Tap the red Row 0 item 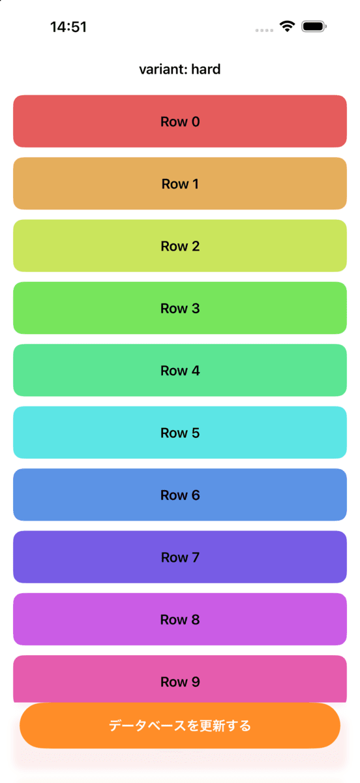(180, 121)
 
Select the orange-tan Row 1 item (180, 183)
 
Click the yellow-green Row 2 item (180, 246)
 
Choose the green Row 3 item (180, 308)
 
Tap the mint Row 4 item (180, 370)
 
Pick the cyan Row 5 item (180, 433)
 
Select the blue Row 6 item (180, 495)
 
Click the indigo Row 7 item (180, 557)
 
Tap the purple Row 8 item (180, 619)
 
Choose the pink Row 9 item (180, 679)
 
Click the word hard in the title (206, 69)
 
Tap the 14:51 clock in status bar (68, 27)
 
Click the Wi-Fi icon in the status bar (287, 26)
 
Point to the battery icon (314, 27)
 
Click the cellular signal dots (264, 31)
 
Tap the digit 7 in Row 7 (196, 557)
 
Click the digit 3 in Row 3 (196, 308)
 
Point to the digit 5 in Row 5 (196, 433)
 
